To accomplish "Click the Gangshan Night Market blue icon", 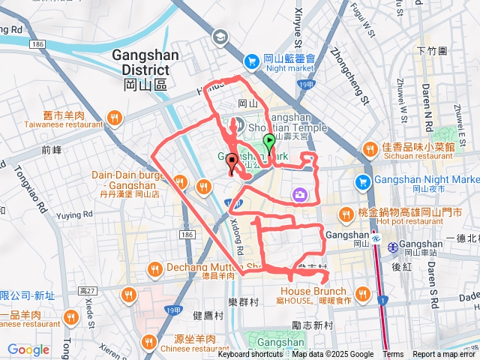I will tap(363, 181).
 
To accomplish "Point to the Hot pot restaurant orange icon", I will tap(345, 214).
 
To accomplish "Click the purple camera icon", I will tap(299, 196).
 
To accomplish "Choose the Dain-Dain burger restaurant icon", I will tap(180, 181).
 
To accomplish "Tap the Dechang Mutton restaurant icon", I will tap(154, 268).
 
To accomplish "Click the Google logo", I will tap(28, 349).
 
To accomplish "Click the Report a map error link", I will tap(445, 355).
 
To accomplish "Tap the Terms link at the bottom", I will tap(393, 355).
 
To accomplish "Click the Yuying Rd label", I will tap(72, 214).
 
